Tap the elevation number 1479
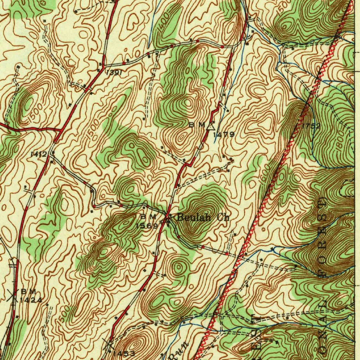point(225,134)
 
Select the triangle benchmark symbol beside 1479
point(211,126)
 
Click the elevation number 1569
point(147,226)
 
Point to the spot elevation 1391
point(114,72)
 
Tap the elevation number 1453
point(123,353)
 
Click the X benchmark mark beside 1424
point(13,295)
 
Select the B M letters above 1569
point(147,216)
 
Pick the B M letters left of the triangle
point(197,124)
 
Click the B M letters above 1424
point(28,291)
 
